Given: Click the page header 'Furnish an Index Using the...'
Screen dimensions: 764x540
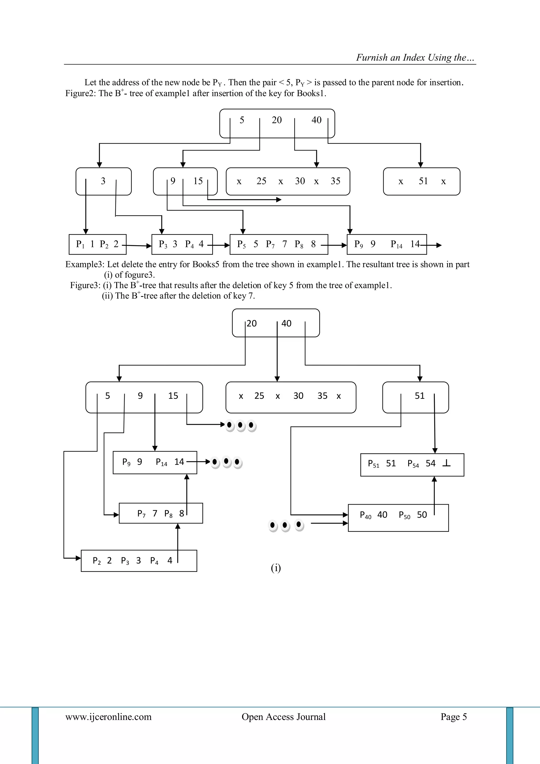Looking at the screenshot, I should pyautogui.click(x=415, y=58).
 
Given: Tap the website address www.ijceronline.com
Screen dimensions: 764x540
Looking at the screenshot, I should pyautogui.click(x=108, y=716).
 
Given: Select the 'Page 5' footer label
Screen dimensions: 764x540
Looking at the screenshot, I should pyautogui.click(x=454, y=716).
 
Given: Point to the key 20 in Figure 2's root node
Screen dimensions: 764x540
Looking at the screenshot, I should pyautogui.click(x=277, y=120).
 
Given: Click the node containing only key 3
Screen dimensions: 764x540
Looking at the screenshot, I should pyautogui.click(x=103, y=181).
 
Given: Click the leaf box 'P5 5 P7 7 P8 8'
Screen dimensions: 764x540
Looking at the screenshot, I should pyautogui.click(x=279, y=245).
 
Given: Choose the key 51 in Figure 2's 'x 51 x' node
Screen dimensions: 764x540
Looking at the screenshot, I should pyautogui.click(x=423, y=181).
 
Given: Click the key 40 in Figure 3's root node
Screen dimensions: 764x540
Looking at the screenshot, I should pyautogui.click(x=286, y=324).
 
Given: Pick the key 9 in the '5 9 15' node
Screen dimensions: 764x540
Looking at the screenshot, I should pyautogui.click(x=140, y=396).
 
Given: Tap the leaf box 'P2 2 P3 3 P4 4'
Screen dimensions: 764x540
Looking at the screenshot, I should pyautogui.click(x=139, y=561).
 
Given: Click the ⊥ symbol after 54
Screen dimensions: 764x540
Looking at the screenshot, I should pyautogui.click(x=447, y=463).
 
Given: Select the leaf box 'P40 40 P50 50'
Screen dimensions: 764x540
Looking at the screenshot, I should pyautogui.click(x=398, y=518).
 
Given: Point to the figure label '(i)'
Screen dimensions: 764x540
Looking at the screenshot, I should pyautogui.click(x=276, y=568).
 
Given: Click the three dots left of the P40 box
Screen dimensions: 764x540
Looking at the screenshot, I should pyautogui.click(x=285, y=525).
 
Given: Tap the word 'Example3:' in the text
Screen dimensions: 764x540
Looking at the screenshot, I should pyautogui.click(x=85, y=264).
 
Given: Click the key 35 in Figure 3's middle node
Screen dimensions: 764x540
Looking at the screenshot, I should pyautogui.click(x=322, y=396).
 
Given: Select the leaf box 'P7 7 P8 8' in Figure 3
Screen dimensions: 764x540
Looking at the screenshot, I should pyautogui.click(x=161, y=514).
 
